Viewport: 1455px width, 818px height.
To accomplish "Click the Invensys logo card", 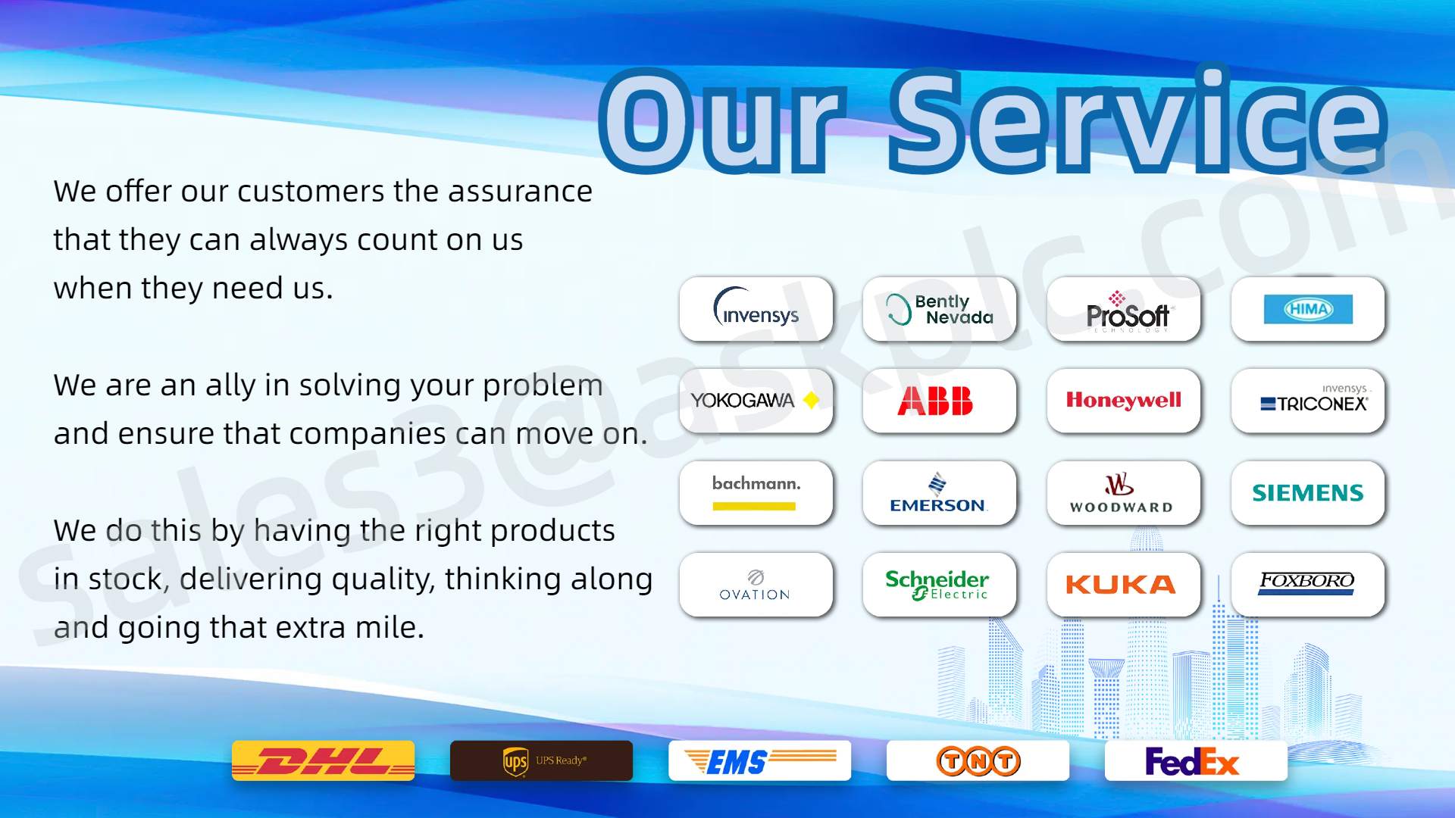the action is click(756, 309).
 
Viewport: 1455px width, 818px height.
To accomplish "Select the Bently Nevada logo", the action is click(940, 309).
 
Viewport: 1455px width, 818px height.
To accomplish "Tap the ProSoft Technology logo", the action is click(1128, 311).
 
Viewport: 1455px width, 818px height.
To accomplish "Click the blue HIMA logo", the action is click(1308, 309).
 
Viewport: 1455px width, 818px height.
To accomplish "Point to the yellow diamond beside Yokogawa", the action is click(811, 400).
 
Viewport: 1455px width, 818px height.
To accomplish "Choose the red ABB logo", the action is click(935, 401).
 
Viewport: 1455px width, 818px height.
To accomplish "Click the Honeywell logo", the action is click(1124, 400).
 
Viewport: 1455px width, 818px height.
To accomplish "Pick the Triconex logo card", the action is click(1308, 401).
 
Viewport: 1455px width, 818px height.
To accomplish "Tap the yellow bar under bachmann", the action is click(754, 506).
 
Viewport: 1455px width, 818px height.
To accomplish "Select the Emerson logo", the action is click(938, 493).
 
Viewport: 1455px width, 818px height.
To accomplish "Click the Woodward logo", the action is click(1122, 493).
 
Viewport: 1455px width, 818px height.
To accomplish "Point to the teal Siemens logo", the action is click(1308, 493).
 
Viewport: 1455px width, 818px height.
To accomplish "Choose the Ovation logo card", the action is click(756, 585).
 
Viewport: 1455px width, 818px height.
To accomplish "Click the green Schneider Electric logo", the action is click(937, 585).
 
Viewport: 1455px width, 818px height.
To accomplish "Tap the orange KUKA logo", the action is click(1121, 585).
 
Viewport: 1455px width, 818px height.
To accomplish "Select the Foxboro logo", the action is click(1306, 583).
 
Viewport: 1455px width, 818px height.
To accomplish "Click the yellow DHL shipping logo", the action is click(323, 760).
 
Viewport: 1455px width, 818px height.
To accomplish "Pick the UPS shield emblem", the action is click(515, 761).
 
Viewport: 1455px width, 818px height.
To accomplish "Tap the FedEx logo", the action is click(1192, 761).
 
